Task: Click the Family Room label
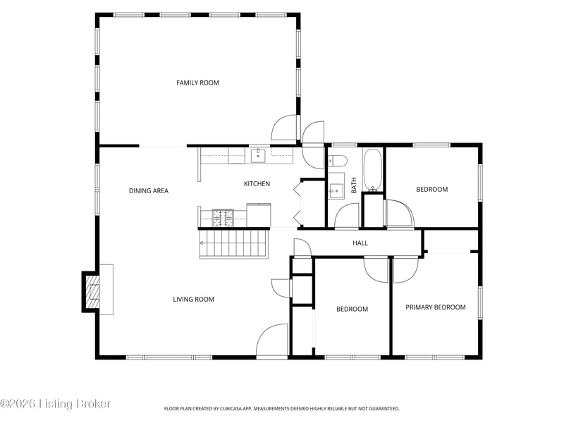click(197, 82)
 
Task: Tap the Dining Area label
click(149, 190)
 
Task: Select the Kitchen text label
click(257, 184)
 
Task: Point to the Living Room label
click(193, 299)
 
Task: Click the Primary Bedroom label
click(436, 307)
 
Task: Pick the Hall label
click(360, 243)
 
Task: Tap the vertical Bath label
click(354, 185)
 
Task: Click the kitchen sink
click(258, 156)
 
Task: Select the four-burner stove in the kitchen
click(223, 218)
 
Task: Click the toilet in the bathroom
click(337, 161)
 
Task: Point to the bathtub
click(372, 170)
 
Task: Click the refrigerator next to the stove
click(259, 215)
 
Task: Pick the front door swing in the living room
click(272, 341)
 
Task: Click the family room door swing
click(284, 127)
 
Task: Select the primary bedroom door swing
click(406, 271)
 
